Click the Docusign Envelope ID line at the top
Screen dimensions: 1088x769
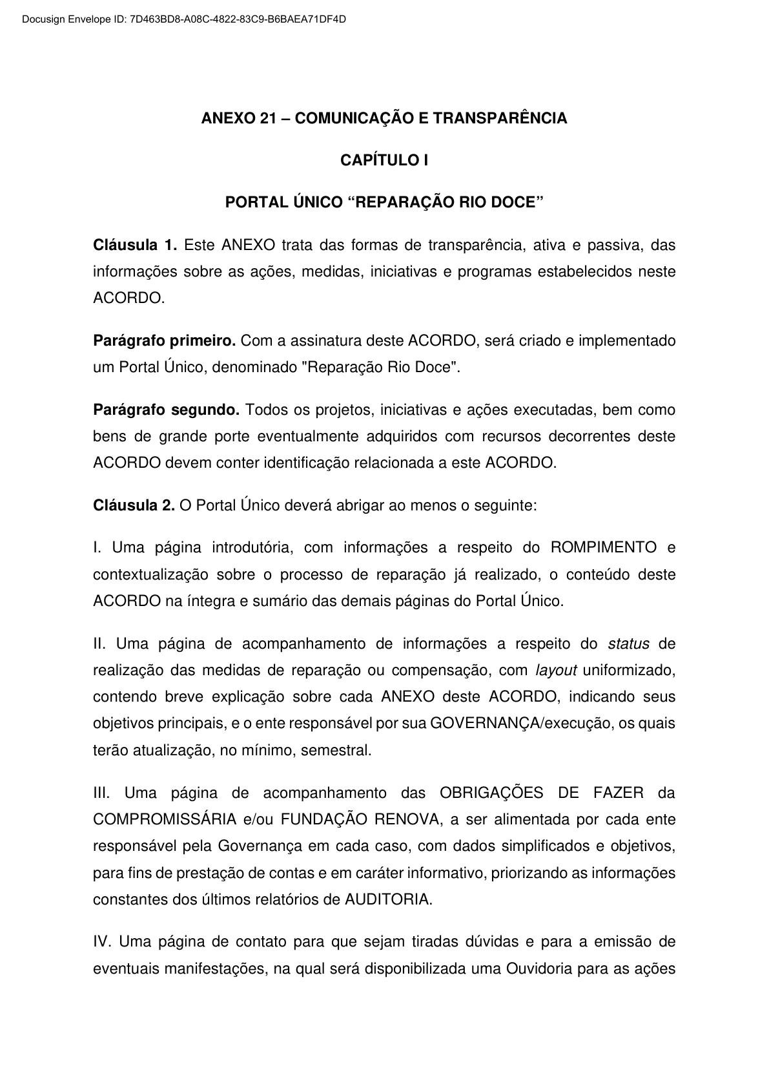pyautogui.click(x=184, y=19)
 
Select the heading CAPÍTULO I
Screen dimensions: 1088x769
pyautogui.click(x=384, y=160)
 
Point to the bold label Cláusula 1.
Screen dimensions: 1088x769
pyautogui.click(x=134, y=245)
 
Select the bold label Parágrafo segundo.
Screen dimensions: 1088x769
pyautogui.click(x=166, y=410)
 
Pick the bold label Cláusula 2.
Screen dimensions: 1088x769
pyautogui.click(x=134, y=505)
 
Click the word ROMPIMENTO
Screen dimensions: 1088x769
pyautogui.click(x=603, y=548)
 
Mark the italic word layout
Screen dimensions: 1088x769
pyautogui.click(x=556, y=670)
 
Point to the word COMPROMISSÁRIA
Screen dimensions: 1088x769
pyautogui.click(x=165, y=820)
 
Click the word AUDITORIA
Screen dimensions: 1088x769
pyautogui.click(x=387, y=899)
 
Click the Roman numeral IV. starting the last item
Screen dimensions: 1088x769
pyautogui.click(x=103, y=942)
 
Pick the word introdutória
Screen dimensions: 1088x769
pyautogui.click(x=252, y=548)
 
